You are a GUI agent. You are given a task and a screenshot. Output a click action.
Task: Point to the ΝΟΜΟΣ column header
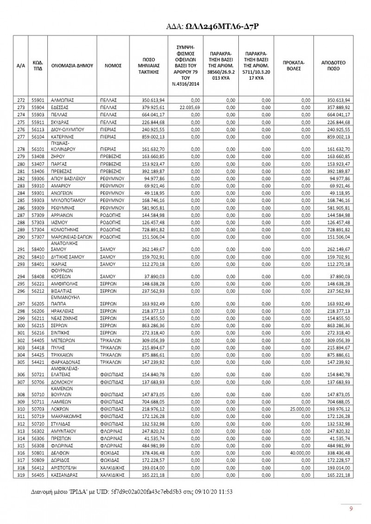[113, 66]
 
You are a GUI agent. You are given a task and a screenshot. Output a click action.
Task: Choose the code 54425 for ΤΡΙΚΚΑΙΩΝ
[37, 354]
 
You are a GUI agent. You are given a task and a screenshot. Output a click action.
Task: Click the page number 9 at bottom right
[351, 509]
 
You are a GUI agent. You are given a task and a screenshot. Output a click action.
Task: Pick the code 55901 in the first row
[37, 100]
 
